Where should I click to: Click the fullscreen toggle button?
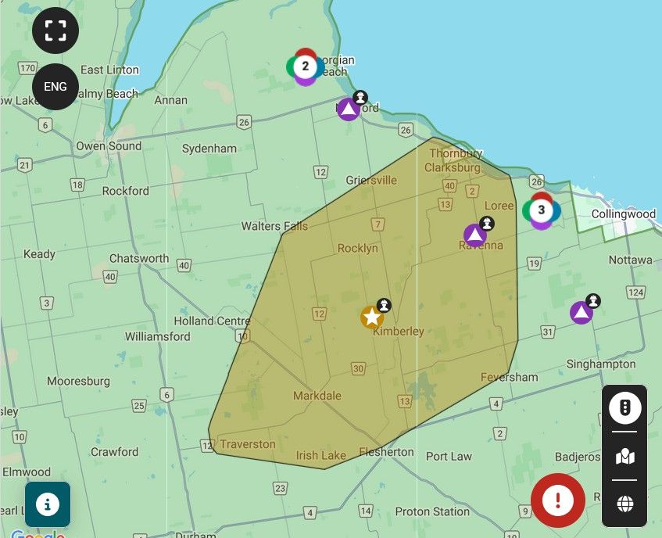click(55, 30)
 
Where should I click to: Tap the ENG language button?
click(55, 86)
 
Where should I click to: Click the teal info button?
click(48, 504)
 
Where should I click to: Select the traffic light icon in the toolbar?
click(624, 407)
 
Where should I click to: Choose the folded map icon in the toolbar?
click(624, 457)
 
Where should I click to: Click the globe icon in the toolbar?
click(624, 504)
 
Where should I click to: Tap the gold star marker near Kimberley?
click(372, 317)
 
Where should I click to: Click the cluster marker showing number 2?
click(305, 66)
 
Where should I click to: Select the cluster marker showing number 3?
click(541, 210)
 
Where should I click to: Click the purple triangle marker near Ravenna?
click(475, 235)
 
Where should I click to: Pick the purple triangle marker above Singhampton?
click(581, 313)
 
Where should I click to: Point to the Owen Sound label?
click(109, 146)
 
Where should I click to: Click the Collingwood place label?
click(623, 213)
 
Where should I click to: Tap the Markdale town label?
click(317, 396)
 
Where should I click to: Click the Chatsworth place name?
click(139, 259)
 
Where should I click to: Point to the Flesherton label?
click(386, 452)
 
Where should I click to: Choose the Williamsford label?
click(157, 337)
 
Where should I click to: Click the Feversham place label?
click(509, 377)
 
